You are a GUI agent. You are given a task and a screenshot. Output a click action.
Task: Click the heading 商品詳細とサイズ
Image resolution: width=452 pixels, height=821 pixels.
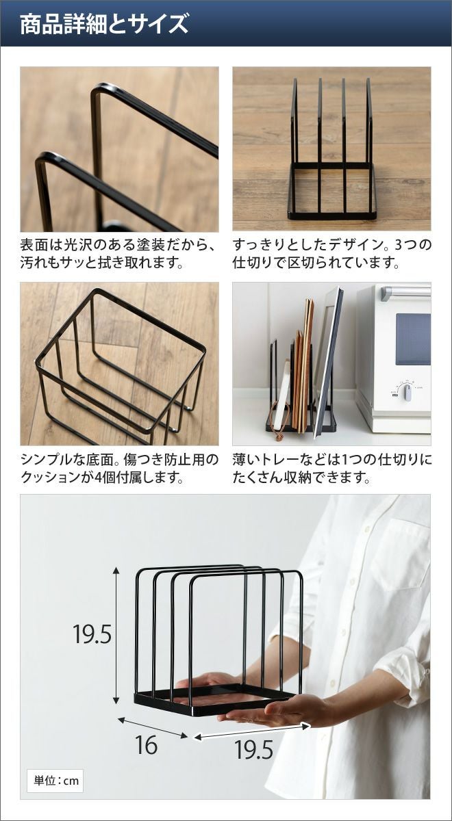tap(104, 23)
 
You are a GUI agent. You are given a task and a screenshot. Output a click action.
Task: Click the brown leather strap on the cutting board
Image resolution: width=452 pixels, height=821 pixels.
tap(277, 421)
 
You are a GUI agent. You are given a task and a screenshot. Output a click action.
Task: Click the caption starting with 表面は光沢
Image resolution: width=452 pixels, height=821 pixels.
tap(117, 254)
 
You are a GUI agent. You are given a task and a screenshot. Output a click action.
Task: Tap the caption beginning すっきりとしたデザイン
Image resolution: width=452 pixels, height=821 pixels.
tap(332, 254)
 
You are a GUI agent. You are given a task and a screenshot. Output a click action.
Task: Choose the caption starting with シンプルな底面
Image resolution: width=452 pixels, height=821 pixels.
tap(120, 468)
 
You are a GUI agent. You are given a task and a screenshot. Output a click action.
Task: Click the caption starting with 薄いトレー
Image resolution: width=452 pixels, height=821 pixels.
tap(332, 468)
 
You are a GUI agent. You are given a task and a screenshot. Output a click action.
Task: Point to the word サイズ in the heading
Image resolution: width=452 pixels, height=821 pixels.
tap(158, 24)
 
